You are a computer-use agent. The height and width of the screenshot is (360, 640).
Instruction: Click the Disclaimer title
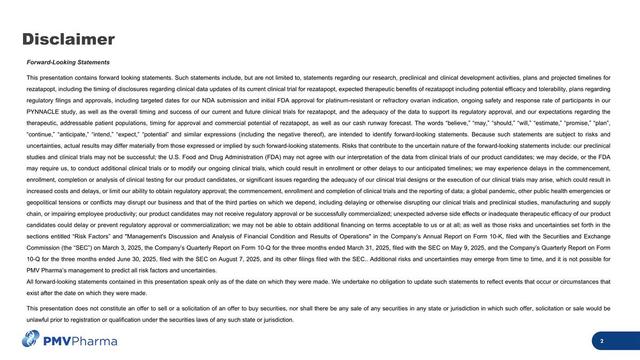point(68,39)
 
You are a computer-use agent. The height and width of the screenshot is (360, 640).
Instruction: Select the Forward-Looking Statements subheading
point(68,62)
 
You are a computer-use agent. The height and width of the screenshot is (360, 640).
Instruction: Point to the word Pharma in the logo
point(95,341)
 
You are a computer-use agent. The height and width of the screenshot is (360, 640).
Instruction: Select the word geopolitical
point(43,203)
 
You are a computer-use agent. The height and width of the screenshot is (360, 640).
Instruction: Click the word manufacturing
point(559,203)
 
